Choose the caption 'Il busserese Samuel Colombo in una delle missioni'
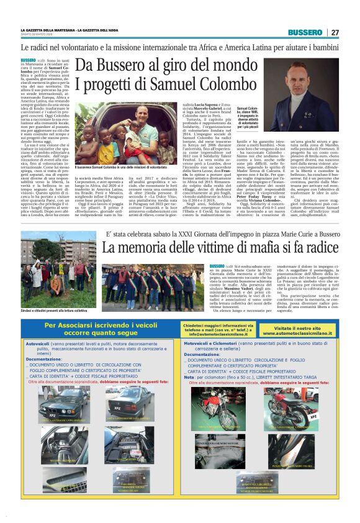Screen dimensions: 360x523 120,168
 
